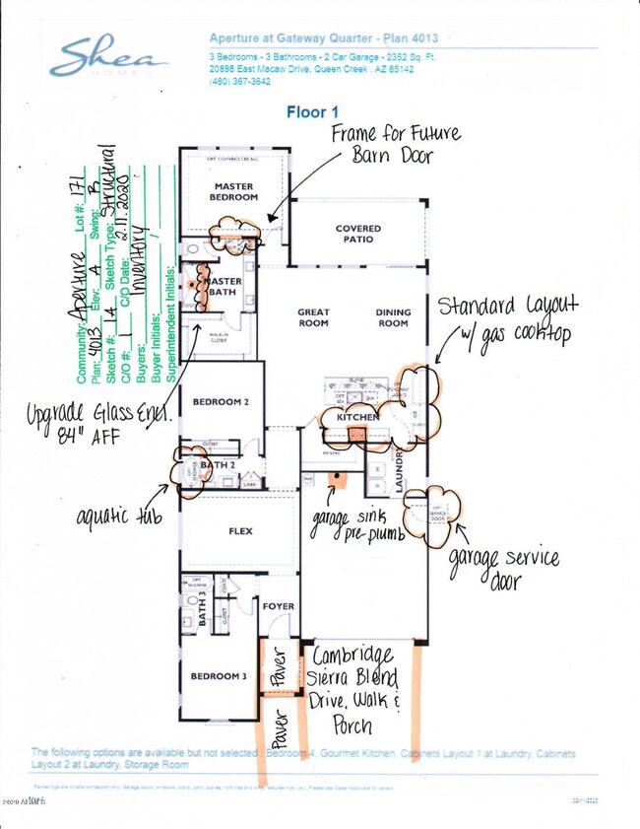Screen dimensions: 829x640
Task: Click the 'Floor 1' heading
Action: click(312, 112)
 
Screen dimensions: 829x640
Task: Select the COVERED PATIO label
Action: click(357, 235)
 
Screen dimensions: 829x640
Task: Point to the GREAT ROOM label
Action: click(313, 317)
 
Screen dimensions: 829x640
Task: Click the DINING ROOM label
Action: click(392, 317)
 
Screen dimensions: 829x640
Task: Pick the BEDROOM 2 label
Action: click(221, 402)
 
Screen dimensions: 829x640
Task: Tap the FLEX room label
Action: click(239, 531)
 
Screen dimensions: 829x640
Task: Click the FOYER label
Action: click(279, 606)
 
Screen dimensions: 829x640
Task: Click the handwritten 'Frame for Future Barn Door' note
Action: click(394, 145)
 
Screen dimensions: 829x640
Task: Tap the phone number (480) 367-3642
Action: click(241, 81)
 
